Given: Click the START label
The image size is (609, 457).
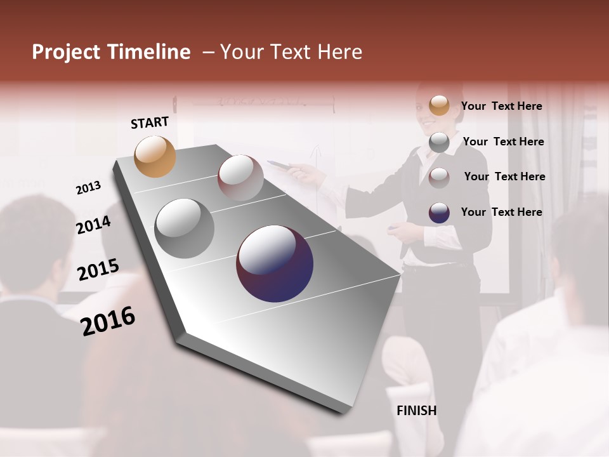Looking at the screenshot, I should click(x=150, y=123).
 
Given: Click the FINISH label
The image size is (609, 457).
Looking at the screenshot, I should click(x=417, y=411).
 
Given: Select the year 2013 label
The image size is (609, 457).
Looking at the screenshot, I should click(x=89, y=188).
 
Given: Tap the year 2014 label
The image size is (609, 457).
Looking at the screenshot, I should click(x=94, y=225).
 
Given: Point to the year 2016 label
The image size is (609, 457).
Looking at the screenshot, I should click(x=108, y=321).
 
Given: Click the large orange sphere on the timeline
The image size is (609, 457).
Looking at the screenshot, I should click(x=155, y=156).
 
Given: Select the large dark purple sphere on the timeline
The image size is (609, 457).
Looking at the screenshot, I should click(x=275, y=263).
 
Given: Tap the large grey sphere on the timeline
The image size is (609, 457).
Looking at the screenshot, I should click(x=185, y=228).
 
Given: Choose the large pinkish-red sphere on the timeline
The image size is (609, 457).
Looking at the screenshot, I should click(x=240, y=177).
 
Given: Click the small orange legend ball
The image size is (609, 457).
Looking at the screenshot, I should click(x=439, y=106).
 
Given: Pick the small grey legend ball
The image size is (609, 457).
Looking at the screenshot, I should click(x=439, y=142).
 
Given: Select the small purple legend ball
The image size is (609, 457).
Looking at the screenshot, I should click(x=439, y=213).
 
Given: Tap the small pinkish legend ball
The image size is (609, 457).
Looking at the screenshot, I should click(x=439, y=178).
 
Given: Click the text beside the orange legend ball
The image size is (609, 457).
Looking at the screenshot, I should click(x=501, y=106).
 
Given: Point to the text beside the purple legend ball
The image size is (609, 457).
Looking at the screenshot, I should click(x=501, y=212).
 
